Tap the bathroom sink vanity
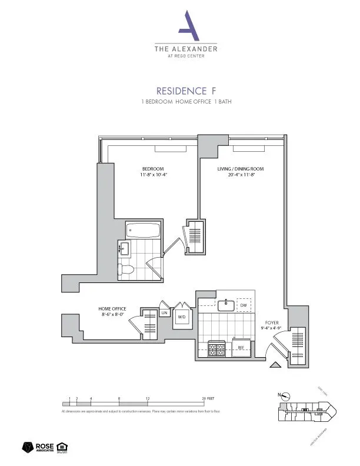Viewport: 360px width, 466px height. tap(124, 249)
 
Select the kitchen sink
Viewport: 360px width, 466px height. tap(224, 305)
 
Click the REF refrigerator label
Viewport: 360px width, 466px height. tap(241, 348)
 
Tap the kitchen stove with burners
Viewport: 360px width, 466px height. tap(214, 348)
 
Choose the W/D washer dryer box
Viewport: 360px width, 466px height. tap(182, 317)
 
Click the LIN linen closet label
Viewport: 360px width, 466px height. tap(165, 313)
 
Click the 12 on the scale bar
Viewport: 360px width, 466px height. tap(148, 398)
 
